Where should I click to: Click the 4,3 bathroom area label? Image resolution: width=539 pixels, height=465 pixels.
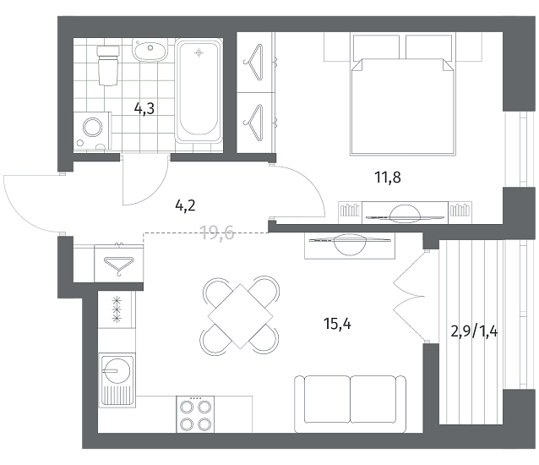(x=144, y=108)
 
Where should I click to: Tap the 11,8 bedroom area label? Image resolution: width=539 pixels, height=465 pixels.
(x=388, y=178)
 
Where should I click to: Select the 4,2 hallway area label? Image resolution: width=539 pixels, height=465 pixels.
(x=185, y=205)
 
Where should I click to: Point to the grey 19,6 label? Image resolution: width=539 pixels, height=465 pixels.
(x=217, y=232)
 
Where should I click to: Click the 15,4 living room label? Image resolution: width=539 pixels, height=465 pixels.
(x=337, y=324)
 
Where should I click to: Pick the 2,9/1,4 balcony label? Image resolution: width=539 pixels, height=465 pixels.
(x=474, y=331)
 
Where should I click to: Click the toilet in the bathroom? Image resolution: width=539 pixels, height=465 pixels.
(x=108, y=65)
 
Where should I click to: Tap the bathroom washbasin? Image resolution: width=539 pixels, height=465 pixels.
(x=150, y=50)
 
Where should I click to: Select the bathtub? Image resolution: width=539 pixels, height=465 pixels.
(x=199, y=90)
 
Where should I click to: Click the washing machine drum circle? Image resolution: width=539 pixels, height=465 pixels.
(x=93, y=128)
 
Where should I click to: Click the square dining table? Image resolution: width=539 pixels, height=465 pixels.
(x=240, y=316)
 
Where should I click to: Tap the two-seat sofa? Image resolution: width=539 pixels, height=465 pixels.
(x=350, y=404)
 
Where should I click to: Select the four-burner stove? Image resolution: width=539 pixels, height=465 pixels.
(x=195, y=414)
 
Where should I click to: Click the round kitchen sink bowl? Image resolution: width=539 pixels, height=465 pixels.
(x=117, y=371)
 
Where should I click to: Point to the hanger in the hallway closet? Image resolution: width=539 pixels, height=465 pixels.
(x=118, y=265)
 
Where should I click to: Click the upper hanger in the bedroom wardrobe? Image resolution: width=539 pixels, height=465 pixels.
(x=254, y=63)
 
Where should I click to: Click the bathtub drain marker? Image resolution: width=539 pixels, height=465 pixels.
(x=199, y=53)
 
